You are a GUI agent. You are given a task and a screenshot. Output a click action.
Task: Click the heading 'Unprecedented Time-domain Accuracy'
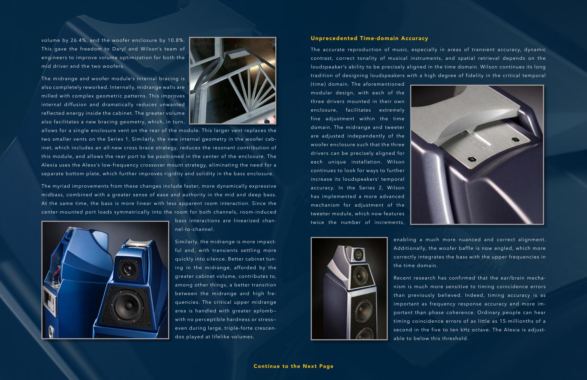coord(369,38)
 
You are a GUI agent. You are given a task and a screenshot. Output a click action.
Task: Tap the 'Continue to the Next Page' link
coord(293,366)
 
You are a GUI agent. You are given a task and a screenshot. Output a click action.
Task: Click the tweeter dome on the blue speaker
coord(127,268)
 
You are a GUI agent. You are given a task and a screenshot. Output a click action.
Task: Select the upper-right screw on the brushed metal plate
coord(515,140)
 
